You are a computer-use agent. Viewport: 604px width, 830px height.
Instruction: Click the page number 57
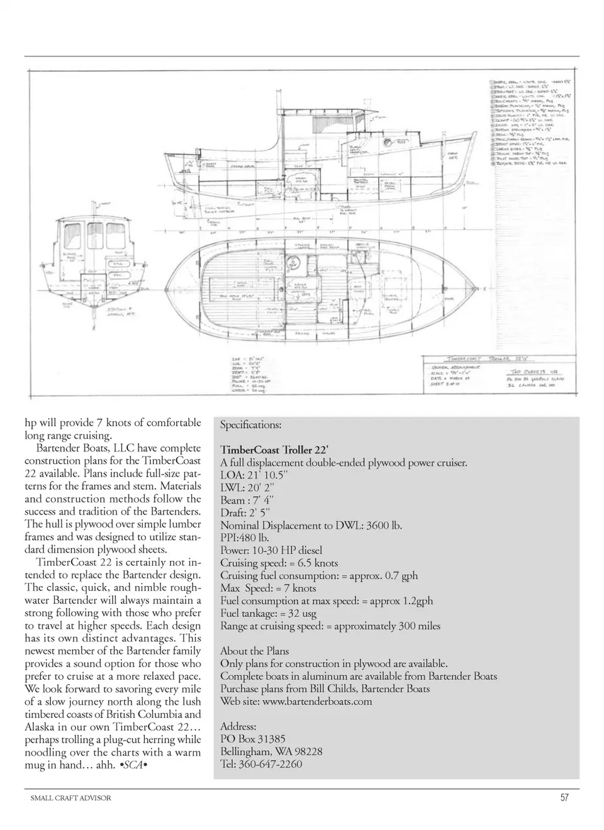pyautogui.click(x=564, y=797)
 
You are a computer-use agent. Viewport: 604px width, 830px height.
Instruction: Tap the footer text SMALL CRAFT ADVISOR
pyautogui.click(x=70, y=798)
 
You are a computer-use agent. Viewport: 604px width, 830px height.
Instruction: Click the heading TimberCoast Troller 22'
pyautogui.click(x=274, y=450)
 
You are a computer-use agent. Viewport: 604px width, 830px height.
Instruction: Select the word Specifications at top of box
pyautogui.click(x=250, y=425)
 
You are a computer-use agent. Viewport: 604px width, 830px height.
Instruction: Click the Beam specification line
pyautogui.click(x=247, y=501)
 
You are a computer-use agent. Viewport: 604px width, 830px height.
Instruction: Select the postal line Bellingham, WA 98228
pyautogui.click(x=271, y=751)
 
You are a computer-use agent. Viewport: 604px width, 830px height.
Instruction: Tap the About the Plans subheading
pyautogui.click(x=254, y=651)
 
